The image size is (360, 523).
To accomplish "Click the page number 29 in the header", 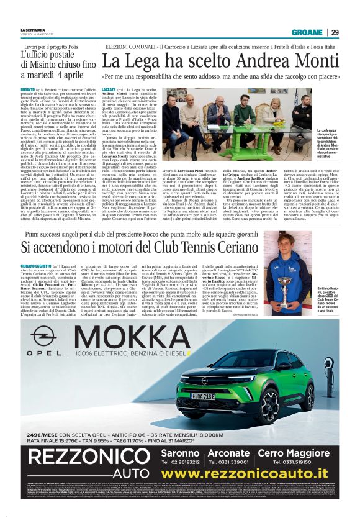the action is [335, 33].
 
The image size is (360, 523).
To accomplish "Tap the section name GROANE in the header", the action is [307, 33].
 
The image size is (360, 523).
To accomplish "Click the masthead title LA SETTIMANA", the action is [32, 30].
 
